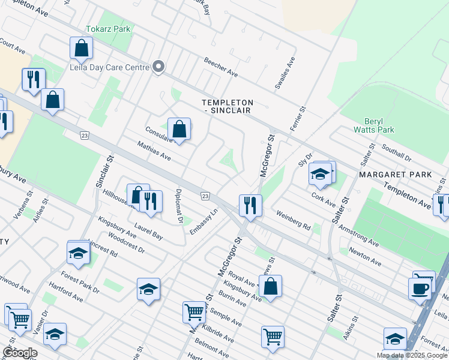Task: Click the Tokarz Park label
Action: point(108,29)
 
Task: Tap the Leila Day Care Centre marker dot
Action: point(158,67)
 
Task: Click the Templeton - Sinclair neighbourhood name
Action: point(227,106)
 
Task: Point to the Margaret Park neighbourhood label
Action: point(395,175)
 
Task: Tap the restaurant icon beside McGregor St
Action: point(250,205)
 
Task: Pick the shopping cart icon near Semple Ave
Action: point(194,311)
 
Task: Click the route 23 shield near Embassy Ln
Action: point(205,196)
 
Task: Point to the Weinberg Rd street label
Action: point(294,221)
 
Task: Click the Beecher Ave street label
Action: point(220,67)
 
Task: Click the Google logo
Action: point(20,353)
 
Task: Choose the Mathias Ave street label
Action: point(154,152)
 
